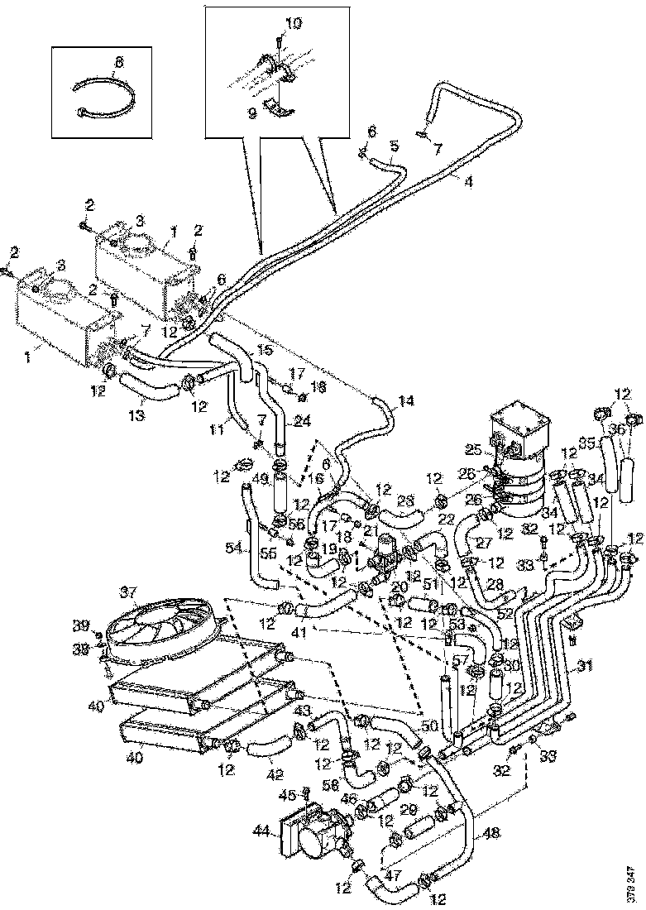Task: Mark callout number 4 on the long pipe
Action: pos(468,181)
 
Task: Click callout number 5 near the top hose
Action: pos(395,146)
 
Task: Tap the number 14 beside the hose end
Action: pos(404,403)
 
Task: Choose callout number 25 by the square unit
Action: pos(474,448)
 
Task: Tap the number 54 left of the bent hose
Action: pos(235,548)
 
